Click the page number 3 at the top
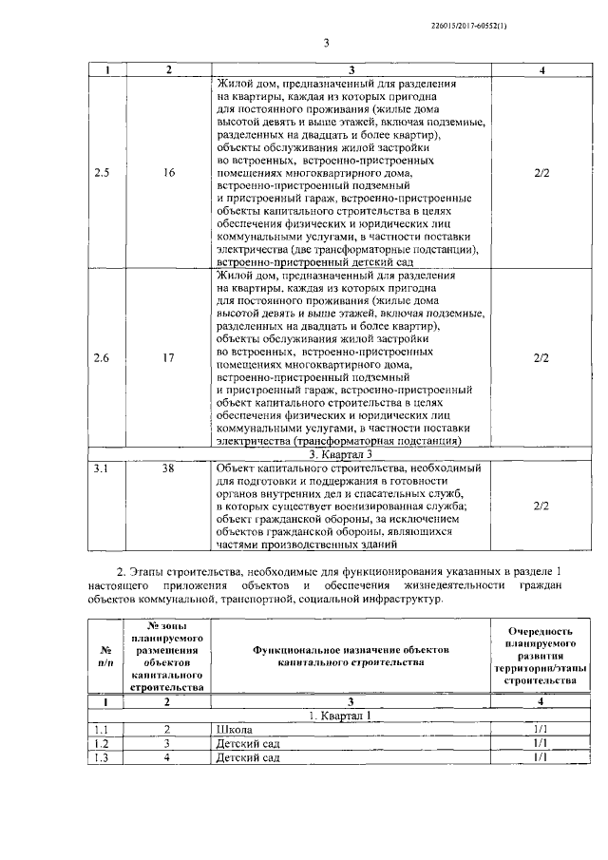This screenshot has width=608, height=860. [x=325, y=43]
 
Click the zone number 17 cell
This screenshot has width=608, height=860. [x=169, y=358]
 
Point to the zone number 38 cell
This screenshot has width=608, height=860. [x=168, y=468]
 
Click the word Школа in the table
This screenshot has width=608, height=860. [x=233, y=729]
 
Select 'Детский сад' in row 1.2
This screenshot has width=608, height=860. [x=247, y=743]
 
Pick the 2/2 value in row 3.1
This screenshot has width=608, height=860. [x=541, y=506]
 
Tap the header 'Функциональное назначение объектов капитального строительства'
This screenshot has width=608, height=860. [x=350, y=655]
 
